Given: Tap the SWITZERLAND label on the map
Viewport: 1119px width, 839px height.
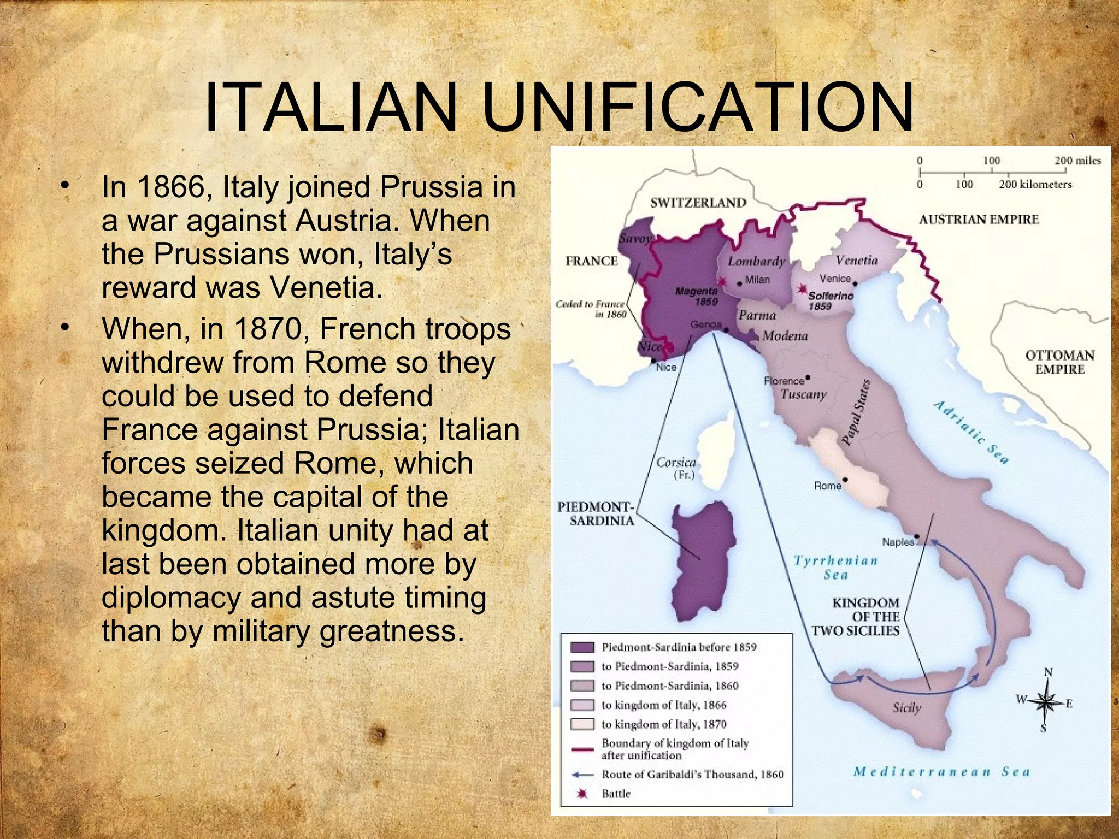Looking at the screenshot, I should (x=698, y=203).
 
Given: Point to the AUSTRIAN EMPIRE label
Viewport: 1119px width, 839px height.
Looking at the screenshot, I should (x=978, y=220).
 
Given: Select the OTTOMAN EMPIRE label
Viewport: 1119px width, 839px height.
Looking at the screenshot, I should (x=1059, y=362).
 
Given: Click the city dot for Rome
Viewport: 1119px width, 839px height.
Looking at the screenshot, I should (x=845, y=480).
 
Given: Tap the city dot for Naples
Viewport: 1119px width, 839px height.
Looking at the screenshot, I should (x=917, y=536).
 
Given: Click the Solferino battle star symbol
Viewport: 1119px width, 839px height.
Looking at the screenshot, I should (x=803, y=289).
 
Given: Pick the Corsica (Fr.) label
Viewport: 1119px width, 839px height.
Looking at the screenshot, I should (x=676, y=468).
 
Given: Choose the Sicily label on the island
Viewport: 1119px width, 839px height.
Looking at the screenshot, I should (x=906, y=708).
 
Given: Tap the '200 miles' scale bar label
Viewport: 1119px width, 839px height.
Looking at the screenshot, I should (x=1077, y=161).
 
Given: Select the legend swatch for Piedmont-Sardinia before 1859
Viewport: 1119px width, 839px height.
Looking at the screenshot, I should (x=582, y=647).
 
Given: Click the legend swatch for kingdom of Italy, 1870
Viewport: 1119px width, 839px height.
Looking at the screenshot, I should (x=582, y=724).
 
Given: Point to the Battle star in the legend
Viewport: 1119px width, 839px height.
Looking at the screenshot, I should (x=582, y=794).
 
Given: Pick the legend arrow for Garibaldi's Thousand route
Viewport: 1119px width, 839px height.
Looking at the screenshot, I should (x=582, y=775).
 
